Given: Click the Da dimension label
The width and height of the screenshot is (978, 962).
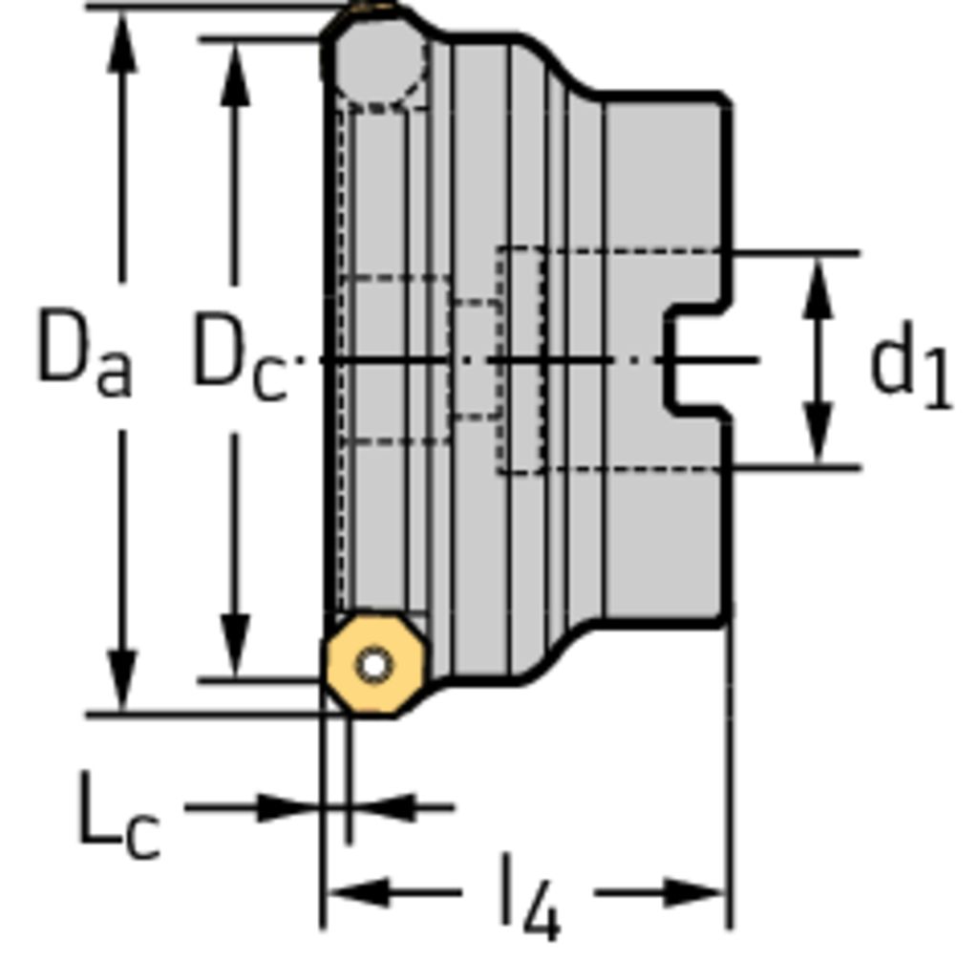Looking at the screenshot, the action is (85, 352).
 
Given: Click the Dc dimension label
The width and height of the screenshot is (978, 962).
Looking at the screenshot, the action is (241, 355).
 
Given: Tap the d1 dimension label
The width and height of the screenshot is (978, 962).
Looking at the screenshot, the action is (910, 366).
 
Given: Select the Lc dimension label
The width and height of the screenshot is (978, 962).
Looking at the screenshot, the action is (119, 816).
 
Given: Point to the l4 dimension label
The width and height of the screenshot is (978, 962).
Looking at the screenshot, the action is (531, 896).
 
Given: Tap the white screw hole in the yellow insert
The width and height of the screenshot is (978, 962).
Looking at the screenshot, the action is (374, 665).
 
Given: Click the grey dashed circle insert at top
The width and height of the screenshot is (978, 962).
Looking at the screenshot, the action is (380, 62).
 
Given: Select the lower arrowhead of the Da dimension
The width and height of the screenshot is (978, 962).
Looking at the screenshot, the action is (122, 680).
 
